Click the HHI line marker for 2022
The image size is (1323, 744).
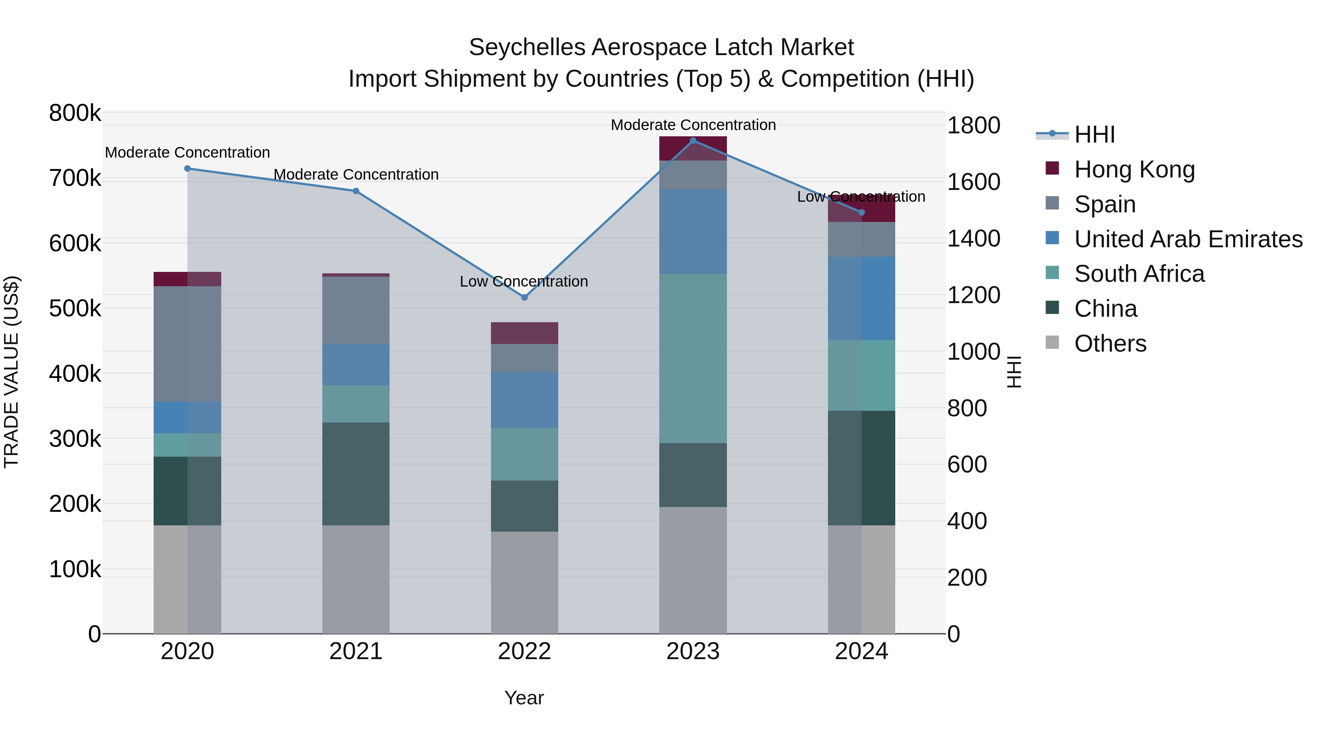coord(524,297)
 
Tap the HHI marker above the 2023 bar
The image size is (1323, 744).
coord(693,141)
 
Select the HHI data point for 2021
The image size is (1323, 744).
coord(356,191)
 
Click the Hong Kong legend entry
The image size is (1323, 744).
coord(1134,169)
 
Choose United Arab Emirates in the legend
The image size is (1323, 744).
coord(1188,239)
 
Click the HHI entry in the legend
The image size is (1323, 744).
coord(1094,134)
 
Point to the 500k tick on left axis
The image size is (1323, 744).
coord(75,309)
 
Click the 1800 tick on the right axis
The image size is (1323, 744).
coord(973,126)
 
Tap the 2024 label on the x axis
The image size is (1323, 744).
coord(861,651)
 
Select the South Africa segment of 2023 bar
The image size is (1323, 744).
coord(693,358)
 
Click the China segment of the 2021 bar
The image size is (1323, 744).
coord(356,474)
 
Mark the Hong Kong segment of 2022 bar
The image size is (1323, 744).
coord(524,333)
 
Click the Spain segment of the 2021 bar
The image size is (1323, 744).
coord(356,310)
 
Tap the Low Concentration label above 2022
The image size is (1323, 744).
coord(523,281)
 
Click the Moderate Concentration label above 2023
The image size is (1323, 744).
coord(693,125)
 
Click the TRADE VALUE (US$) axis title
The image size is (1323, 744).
coord(11,372)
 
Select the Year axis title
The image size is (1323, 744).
coord(524,698)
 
